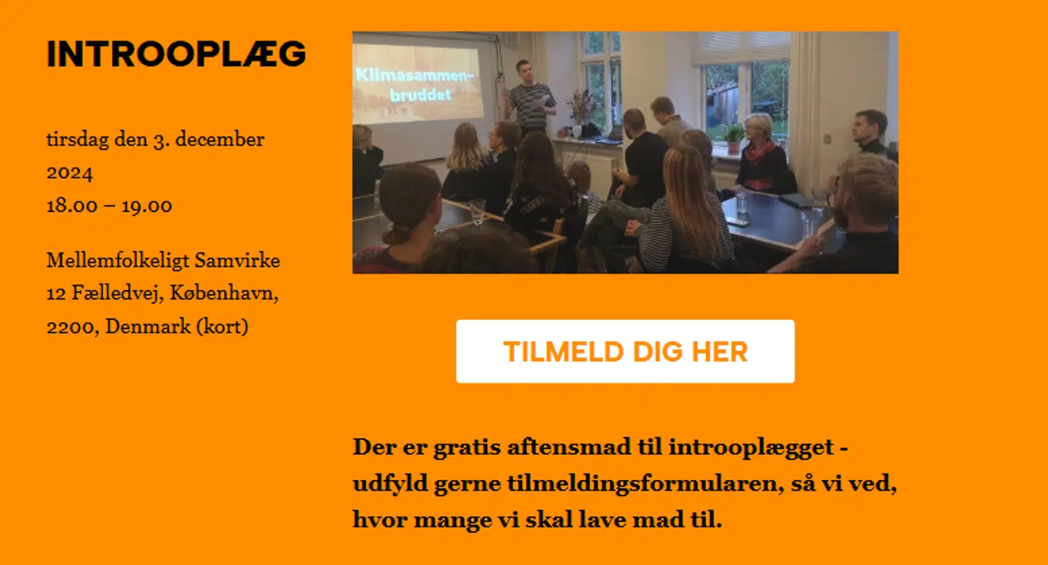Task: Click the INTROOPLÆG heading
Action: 176,54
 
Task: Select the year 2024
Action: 69,172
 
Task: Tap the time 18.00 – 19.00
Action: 109,206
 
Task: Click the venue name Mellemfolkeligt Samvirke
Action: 163,260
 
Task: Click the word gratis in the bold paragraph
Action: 465,446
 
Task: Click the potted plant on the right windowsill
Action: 734,137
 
